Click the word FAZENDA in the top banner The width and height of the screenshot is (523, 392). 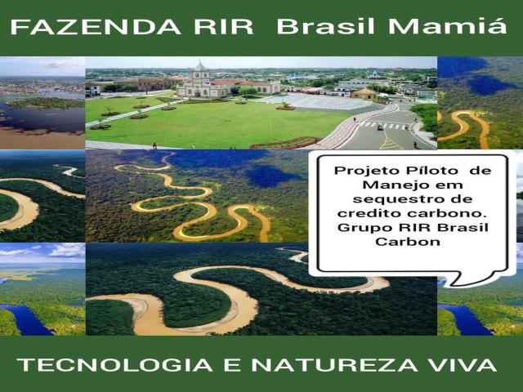pos(96,27)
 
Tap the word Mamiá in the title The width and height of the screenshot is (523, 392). pos(448,26)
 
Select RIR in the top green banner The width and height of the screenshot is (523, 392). pos(223,27)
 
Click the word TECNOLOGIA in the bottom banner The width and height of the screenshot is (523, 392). pos(114,365)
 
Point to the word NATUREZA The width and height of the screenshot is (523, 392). pos(334,365)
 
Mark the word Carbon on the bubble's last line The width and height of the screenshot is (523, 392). pos(408,242)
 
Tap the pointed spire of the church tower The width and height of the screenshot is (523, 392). pos(199,62)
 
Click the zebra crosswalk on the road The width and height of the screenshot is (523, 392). pos(384,125)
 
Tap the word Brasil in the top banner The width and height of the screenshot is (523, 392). pos(326,26)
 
